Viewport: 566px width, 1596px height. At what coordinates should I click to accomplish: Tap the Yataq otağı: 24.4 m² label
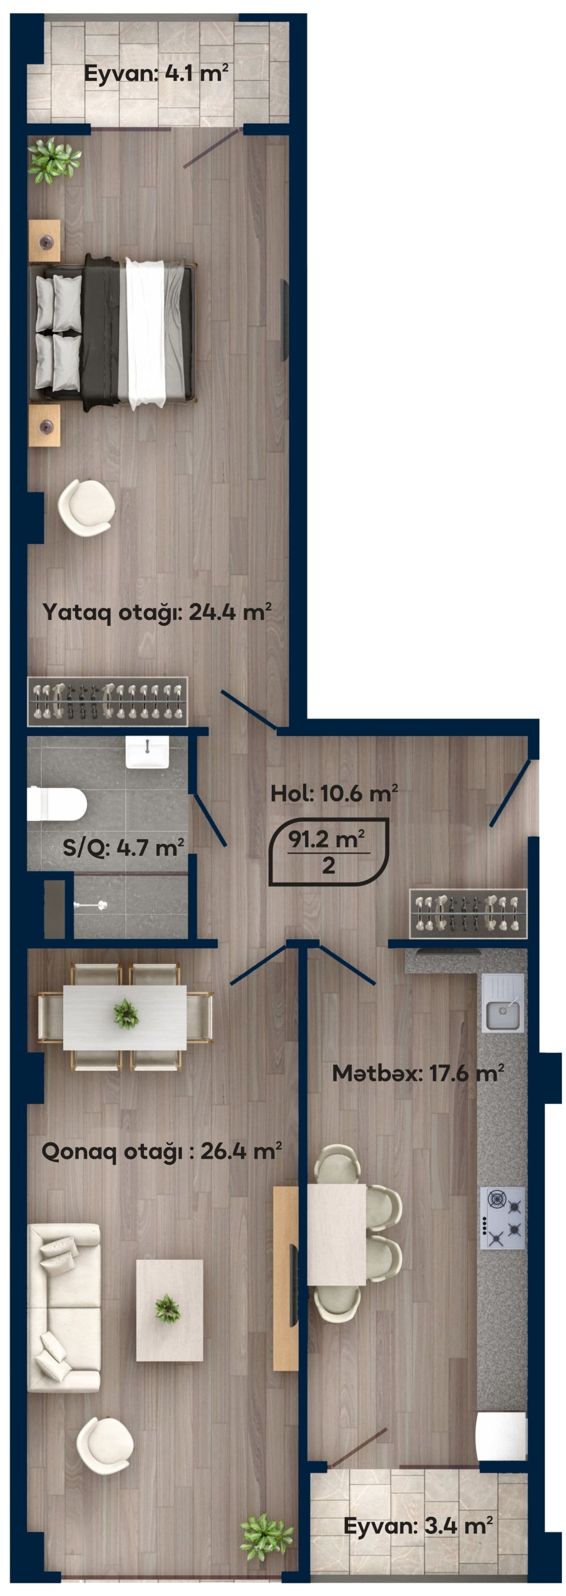(157, 612)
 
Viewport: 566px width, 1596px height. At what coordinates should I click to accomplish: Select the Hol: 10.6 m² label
(334, 793)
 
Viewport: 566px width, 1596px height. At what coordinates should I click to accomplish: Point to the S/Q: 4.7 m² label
(124, 847)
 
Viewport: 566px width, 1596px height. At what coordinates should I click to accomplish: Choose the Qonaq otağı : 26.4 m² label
(162, 1151)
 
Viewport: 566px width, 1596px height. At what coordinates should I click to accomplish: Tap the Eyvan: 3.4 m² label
(418, 1525)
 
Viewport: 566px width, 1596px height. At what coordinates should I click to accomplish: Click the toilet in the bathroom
(57, 803)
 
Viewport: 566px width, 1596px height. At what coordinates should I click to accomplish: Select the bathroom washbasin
(148, 752)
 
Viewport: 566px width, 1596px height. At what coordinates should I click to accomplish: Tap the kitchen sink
(503, 1002)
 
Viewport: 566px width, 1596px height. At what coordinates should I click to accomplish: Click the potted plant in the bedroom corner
(53, 161)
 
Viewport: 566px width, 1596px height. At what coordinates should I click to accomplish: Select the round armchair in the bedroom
(86, 507)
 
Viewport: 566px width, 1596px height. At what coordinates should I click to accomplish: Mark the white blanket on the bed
(146, 333)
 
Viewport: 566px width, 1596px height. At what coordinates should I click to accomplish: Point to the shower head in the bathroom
(91, 905)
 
